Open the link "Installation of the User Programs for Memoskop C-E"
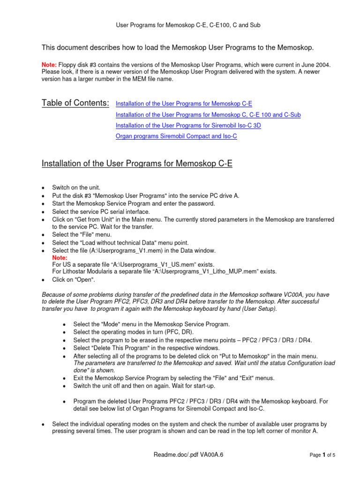[x=184, y=104]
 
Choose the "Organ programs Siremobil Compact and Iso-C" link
[x=176, y=136]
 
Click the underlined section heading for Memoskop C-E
[x=137, y=164]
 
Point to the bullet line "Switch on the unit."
[x=75, y=187]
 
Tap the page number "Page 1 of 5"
[x=322, y=455]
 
